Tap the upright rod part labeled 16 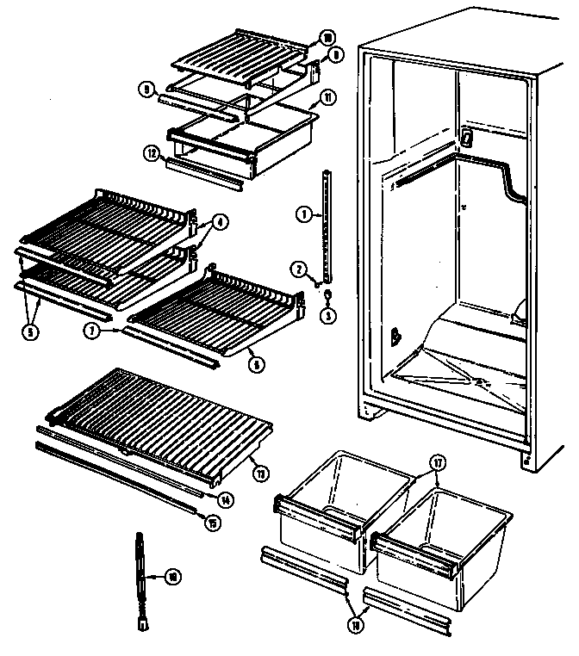tap(140, 577)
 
